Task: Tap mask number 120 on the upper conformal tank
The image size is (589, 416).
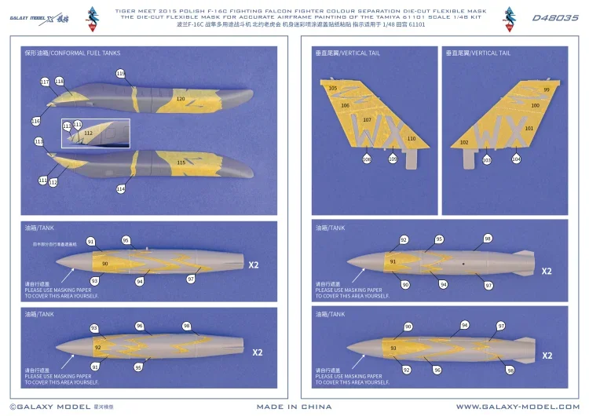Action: (x=181, y=99)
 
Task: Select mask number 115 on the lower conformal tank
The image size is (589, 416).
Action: (x=181, y=162)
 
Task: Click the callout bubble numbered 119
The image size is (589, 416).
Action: (x=120, y=74)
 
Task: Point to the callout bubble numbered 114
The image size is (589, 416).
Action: (x=120, y=189)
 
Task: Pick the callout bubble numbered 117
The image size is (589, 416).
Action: (x=44, y=82)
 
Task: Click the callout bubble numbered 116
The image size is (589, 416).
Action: (x=35, y=121)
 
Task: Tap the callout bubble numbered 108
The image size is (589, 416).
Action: (x=367, y=159)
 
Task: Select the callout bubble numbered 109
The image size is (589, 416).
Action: (x=393, y=159)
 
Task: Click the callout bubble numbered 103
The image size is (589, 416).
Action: (x=487, y=159)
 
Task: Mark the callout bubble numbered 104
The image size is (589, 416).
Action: (x=516, y=159)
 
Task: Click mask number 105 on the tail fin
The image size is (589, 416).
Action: (x=332, y=88)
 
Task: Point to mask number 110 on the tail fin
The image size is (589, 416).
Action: (x=411, y=138)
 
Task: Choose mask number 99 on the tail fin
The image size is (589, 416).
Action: (x=547, y=89)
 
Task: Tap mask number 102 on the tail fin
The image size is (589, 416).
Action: (x=464, y=142)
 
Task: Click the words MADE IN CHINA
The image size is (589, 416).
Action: (x=294, y=407)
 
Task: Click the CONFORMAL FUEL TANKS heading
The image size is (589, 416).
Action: (x=73, y=53)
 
